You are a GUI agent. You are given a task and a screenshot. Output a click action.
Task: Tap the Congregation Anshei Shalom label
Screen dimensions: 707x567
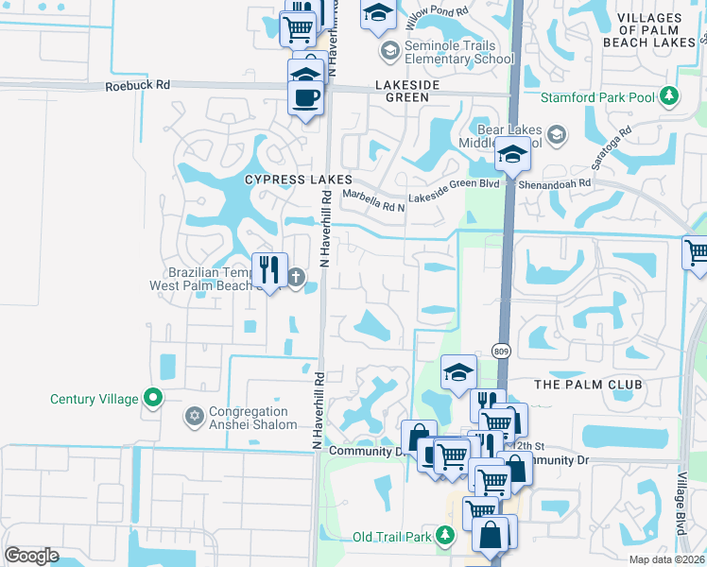point(249,418)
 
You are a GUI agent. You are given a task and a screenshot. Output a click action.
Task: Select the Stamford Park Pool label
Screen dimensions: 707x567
point(598,97)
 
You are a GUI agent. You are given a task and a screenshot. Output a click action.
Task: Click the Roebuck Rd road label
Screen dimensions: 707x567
point(138,85)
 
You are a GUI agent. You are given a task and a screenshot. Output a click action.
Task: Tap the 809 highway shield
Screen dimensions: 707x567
point(501,352)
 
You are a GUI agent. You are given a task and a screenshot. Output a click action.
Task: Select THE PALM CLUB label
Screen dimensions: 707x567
point(588,385)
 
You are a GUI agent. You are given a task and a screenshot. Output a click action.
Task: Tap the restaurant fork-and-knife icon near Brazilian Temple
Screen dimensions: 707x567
point(269,269)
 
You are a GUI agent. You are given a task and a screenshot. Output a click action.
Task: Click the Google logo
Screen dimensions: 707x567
point(31,555)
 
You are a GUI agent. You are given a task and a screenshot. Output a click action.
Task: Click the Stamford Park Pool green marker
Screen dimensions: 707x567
point(669,95)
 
